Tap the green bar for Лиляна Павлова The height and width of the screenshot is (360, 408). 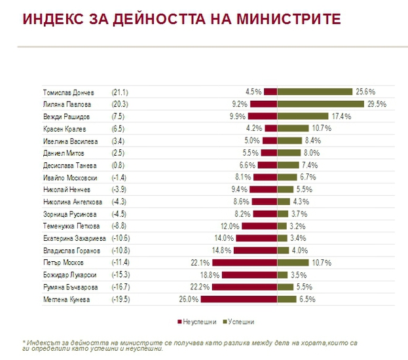[320, 104]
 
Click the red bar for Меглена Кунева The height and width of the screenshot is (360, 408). [238, 299]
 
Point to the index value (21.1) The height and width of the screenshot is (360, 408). [121, 92]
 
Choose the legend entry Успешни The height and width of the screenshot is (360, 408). [240, 322]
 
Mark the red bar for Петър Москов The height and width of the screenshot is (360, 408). [244, 262]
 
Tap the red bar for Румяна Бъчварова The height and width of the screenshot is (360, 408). [244, 287]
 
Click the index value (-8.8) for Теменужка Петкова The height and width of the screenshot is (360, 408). [121, 226]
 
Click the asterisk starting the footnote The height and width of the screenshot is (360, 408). [24, 342]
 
